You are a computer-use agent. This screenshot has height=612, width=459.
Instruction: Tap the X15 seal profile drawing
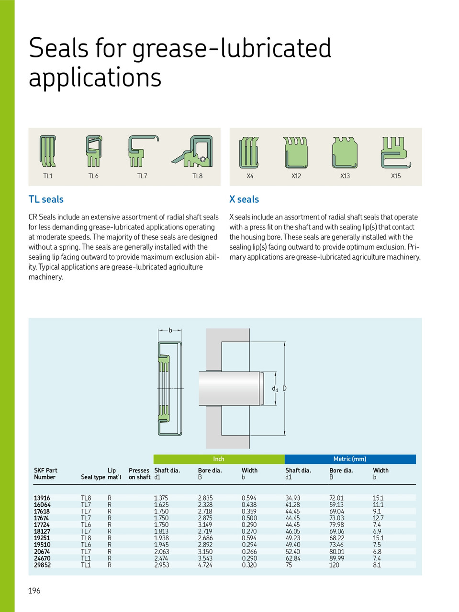click(x=395, y=152)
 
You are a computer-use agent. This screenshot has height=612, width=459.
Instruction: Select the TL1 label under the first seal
click(x=48, y=176)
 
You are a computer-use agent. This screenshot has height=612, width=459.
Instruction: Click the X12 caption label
click(x=296, y=176)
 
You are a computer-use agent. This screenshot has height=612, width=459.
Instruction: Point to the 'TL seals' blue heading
click(x=46, y=199)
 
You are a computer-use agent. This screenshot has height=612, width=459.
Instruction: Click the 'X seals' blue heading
click(x=244, y=199)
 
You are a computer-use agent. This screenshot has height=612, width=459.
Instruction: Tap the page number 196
click(x=34, y=591)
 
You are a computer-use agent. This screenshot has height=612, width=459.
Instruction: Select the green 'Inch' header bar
click(x=219, y=459)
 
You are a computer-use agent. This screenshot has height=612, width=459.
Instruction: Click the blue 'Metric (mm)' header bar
click(x=350, y=459)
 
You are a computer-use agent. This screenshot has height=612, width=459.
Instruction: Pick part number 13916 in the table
click(x=42, y=498)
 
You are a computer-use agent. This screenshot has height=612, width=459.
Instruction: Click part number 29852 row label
click(x=42, y=565)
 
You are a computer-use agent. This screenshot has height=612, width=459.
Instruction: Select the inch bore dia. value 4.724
click(x=205, y=565)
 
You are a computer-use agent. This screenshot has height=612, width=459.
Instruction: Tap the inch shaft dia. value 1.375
click(x=161, y=498)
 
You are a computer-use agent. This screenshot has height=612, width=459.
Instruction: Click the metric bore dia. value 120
click(x=334, y=565)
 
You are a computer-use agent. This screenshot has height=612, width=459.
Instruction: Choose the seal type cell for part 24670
click(x=86, y=558)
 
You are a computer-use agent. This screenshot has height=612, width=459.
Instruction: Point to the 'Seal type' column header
click(x=93, y=477)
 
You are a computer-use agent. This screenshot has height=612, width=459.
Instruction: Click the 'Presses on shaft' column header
click(x=139, y=474)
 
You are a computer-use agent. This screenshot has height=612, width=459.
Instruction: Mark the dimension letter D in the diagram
click(x=284, y=388)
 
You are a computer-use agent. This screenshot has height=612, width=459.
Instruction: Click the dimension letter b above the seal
click(x=170, y=330)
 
